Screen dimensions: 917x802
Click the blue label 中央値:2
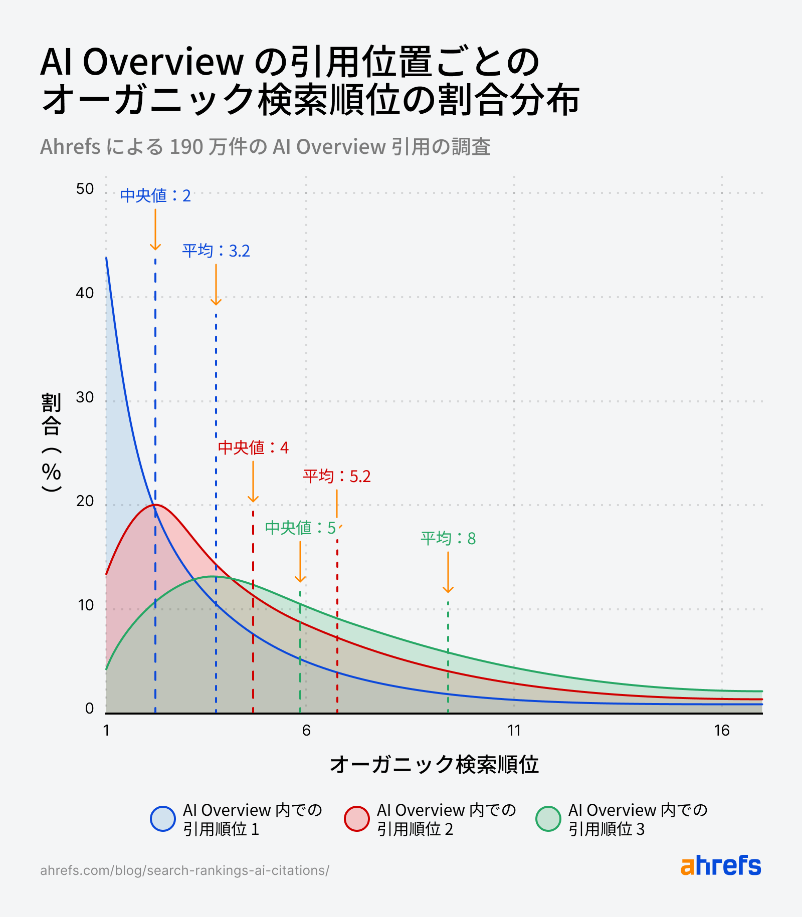[x=155, y=195]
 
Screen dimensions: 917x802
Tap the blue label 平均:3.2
[x=216, y=251]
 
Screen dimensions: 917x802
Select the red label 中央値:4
[x=253, y=447]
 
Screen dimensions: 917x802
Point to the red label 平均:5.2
[x=337, y=476]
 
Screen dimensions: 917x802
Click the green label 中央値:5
[x=300, y=528]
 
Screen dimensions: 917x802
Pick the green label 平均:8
[x=448, y=539]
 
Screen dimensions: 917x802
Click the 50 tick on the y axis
[x=85, y=189]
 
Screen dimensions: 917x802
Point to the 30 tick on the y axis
[x=85, y=397]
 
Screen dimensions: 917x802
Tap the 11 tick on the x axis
[x=514, y=731]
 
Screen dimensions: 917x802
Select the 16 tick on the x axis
[x=722, y=731]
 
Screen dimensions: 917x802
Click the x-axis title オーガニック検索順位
[x=434, y=765]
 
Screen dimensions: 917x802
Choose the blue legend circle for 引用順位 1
[x=163, y=819]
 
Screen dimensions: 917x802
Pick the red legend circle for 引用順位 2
[x=357, y=819]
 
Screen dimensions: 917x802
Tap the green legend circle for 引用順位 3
[x=548, y=819]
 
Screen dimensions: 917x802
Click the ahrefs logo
[x=720, y=866]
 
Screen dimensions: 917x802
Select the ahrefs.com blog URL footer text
[x=184, y=870]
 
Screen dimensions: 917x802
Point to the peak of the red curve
[x=155, y=505]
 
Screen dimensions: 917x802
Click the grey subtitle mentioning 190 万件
[x=265, y=147]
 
